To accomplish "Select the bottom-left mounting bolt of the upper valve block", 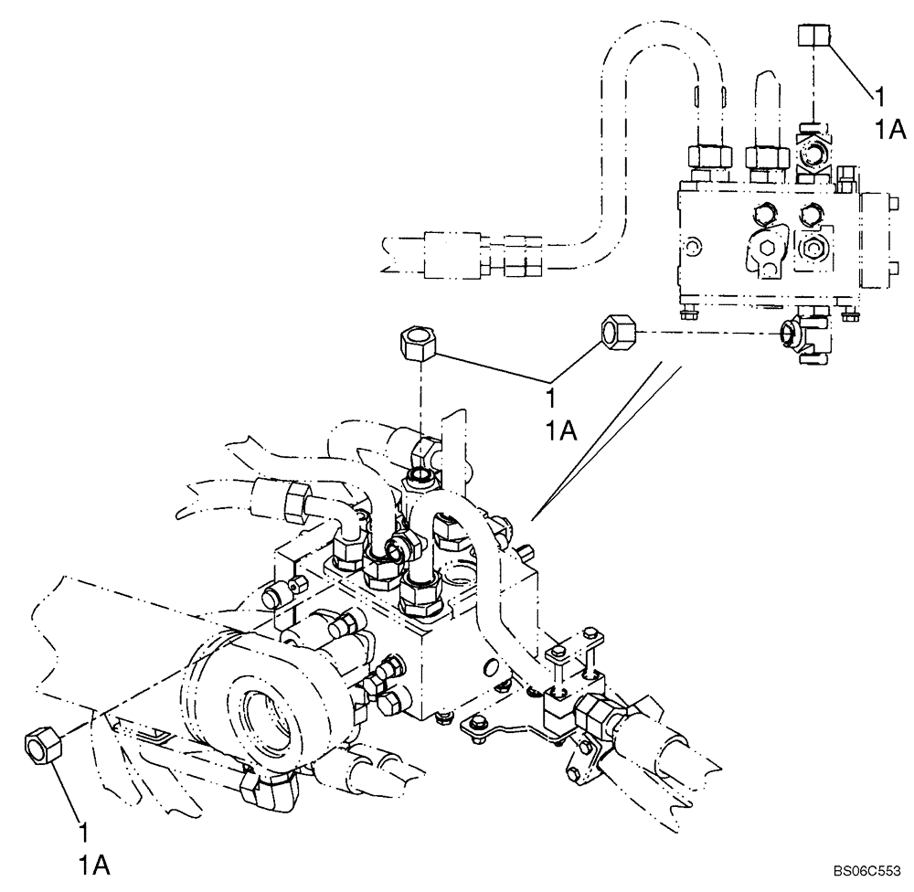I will (x=687, y=315).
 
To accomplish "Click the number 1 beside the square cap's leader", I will (x=879, y=95).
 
